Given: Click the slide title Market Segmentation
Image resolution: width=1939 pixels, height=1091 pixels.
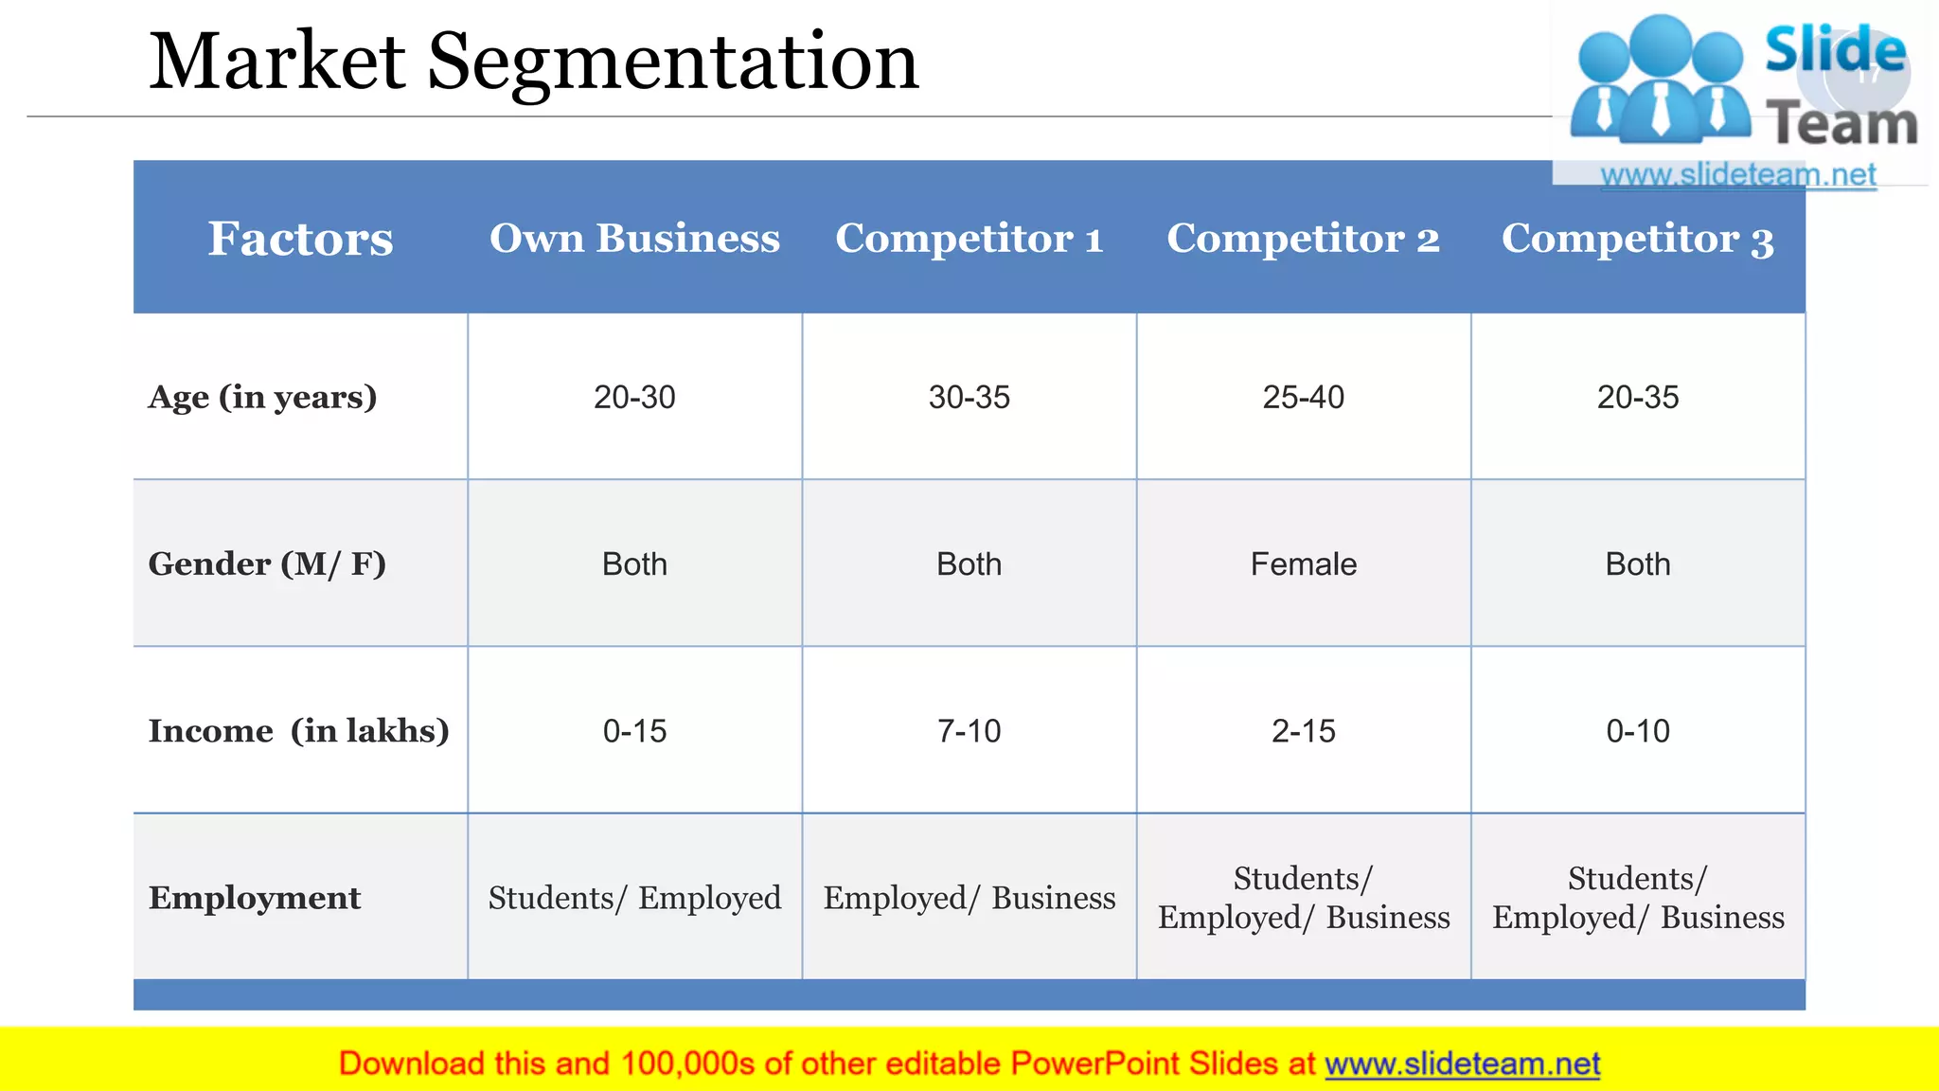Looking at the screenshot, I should [x=533, y=63].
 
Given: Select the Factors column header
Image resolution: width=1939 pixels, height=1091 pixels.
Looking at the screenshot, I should [x=300, y=239].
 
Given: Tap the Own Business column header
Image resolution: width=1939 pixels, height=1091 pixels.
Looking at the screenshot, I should [x=634, y=239].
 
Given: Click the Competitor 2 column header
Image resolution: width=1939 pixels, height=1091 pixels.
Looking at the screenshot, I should [x=1303, y=239].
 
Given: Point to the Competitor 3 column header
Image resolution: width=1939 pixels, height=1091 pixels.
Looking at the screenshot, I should [x=1637, y=239].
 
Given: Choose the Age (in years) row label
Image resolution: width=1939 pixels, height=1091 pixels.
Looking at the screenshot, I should [x=262, y=397].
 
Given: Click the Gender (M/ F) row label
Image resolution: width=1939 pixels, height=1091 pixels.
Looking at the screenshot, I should [x=267, y=564].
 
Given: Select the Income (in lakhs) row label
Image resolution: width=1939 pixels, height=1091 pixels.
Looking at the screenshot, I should [x=298, y=731].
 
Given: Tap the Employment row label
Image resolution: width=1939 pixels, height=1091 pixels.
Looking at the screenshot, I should [x=255, y=898].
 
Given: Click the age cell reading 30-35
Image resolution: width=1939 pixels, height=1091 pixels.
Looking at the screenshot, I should [x=969, y=397].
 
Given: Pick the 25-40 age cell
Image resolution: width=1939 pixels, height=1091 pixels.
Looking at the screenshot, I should [x=1303, y=397].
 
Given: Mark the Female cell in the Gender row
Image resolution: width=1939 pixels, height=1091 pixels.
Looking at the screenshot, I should [x=1303, y=564].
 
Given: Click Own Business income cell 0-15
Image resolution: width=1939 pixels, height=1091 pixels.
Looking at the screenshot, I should [x=634, y=731].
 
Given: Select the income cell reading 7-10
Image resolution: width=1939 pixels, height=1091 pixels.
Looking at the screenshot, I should [x=969, y=731].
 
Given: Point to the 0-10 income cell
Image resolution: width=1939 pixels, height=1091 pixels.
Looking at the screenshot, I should [x=1637, y=731].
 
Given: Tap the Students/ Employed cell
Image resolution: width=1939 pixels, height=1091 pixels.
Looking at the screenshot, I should [x=634, y=898].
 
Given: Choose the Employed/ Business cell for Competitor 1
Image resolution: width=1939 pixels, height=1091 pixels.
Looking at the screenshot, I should [x=969, y=898].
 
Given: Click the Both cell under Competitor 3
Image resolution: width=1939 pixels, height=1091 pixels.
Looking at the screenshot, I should [x=1637, y=564].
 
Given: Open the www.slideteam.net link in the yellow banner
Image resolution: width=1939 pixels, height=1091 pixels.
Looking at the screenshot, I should [x=1462, y=1064].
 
